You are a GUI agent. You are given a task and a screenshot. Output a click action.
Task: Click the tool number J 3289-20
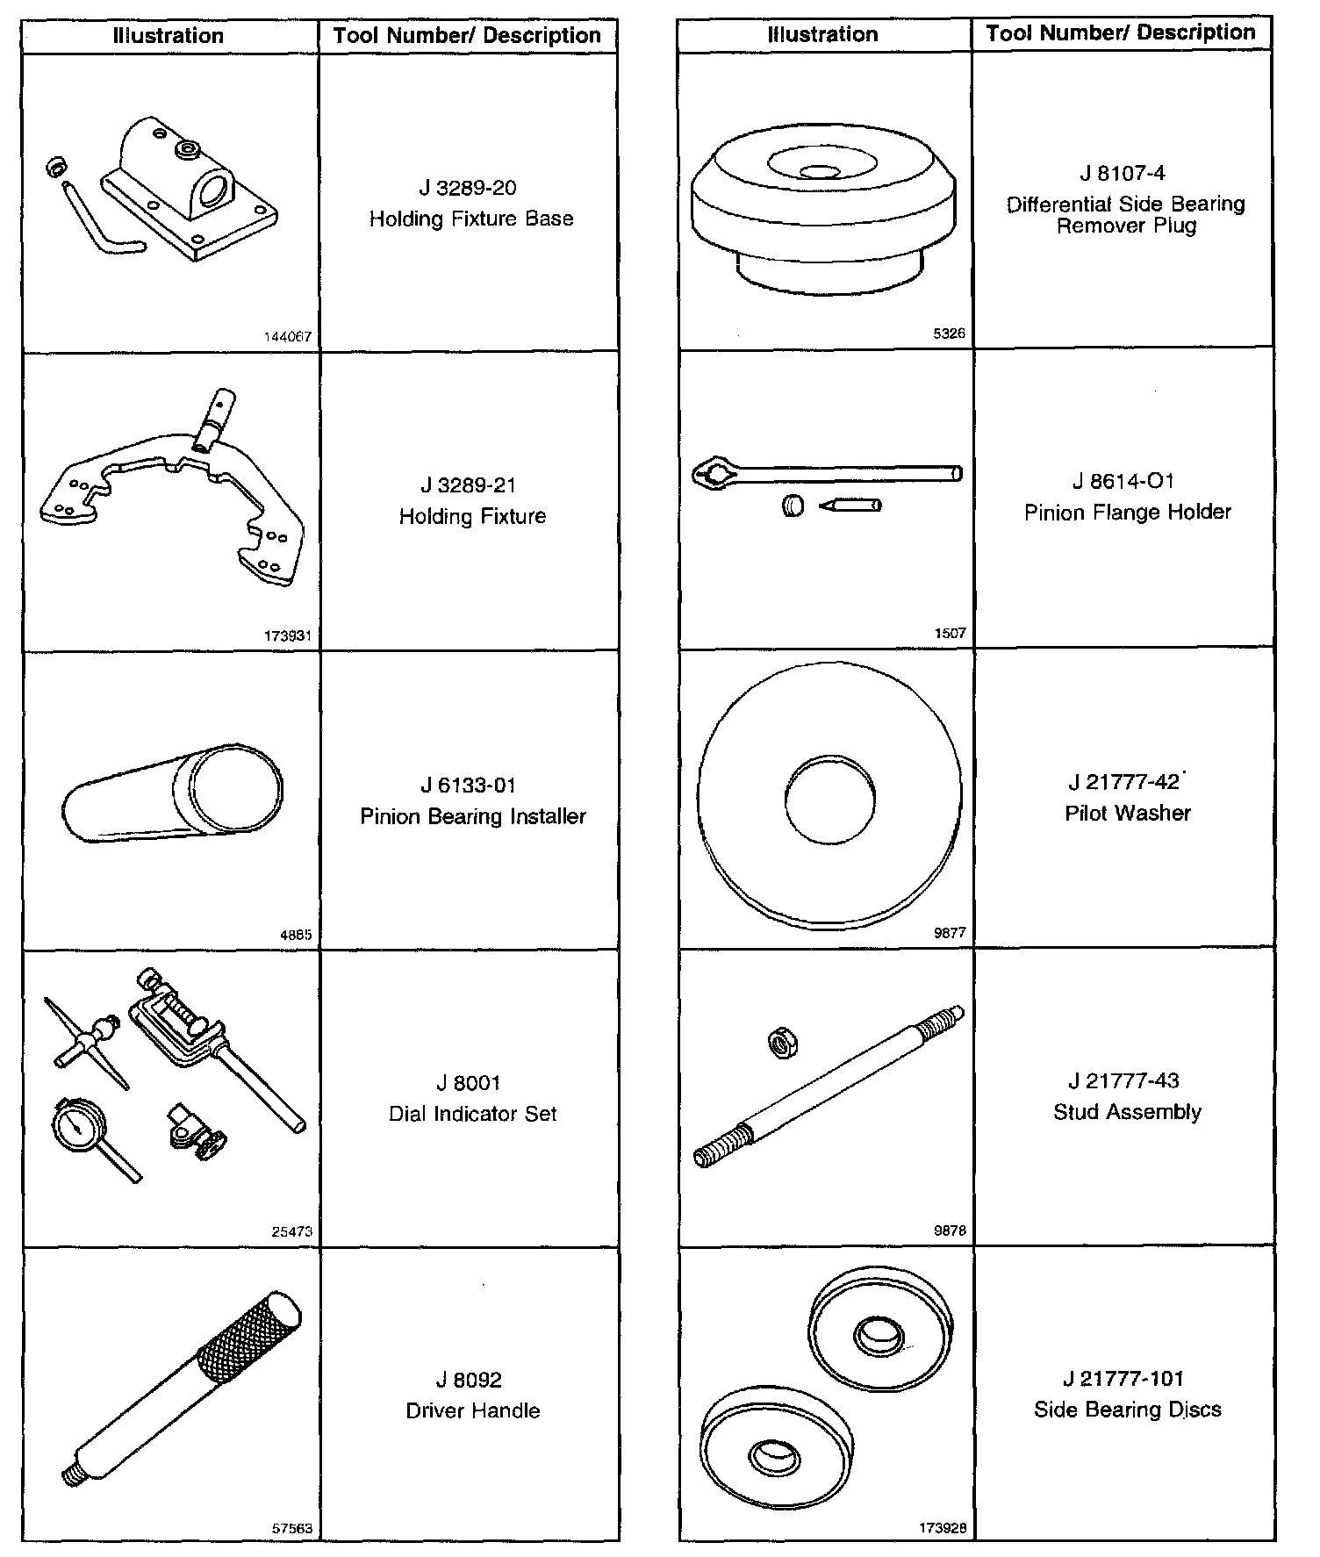468,188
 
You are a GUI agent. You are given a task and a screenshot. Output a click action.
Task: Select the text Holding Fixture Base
471,219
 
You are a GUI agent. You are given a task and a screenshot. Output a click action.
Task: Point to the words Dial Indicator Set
472,1114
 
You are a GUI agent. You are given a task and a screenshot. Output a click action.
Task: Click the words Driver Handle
472,1410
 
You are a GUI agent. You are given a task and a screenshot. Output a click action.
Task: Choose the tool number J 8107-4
1123,173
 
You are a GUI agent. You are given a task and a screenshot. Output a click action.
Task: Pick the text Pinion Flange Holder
1127,512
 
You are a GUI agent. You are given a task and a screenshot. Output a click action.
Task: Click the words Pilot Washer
1127,813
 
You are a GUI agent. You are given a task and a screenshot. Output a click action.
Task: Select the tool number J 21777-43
1123,1080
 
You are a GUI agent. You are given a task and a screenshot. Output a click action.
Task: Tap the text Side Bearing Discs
1127,1410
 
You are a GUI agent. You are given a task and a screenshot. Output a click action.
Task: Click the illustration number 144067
288,337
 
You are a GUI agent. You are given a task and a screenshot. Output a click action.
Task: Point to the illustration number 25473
291,1231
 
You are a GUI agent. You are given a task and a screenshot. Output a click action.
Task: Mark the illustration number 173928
943,1528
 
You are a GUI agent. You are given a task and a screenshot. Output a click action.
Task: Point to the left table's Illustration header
169,36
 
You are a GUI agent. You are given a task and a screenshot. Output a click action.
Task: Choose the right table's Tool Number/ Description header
1120,33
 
